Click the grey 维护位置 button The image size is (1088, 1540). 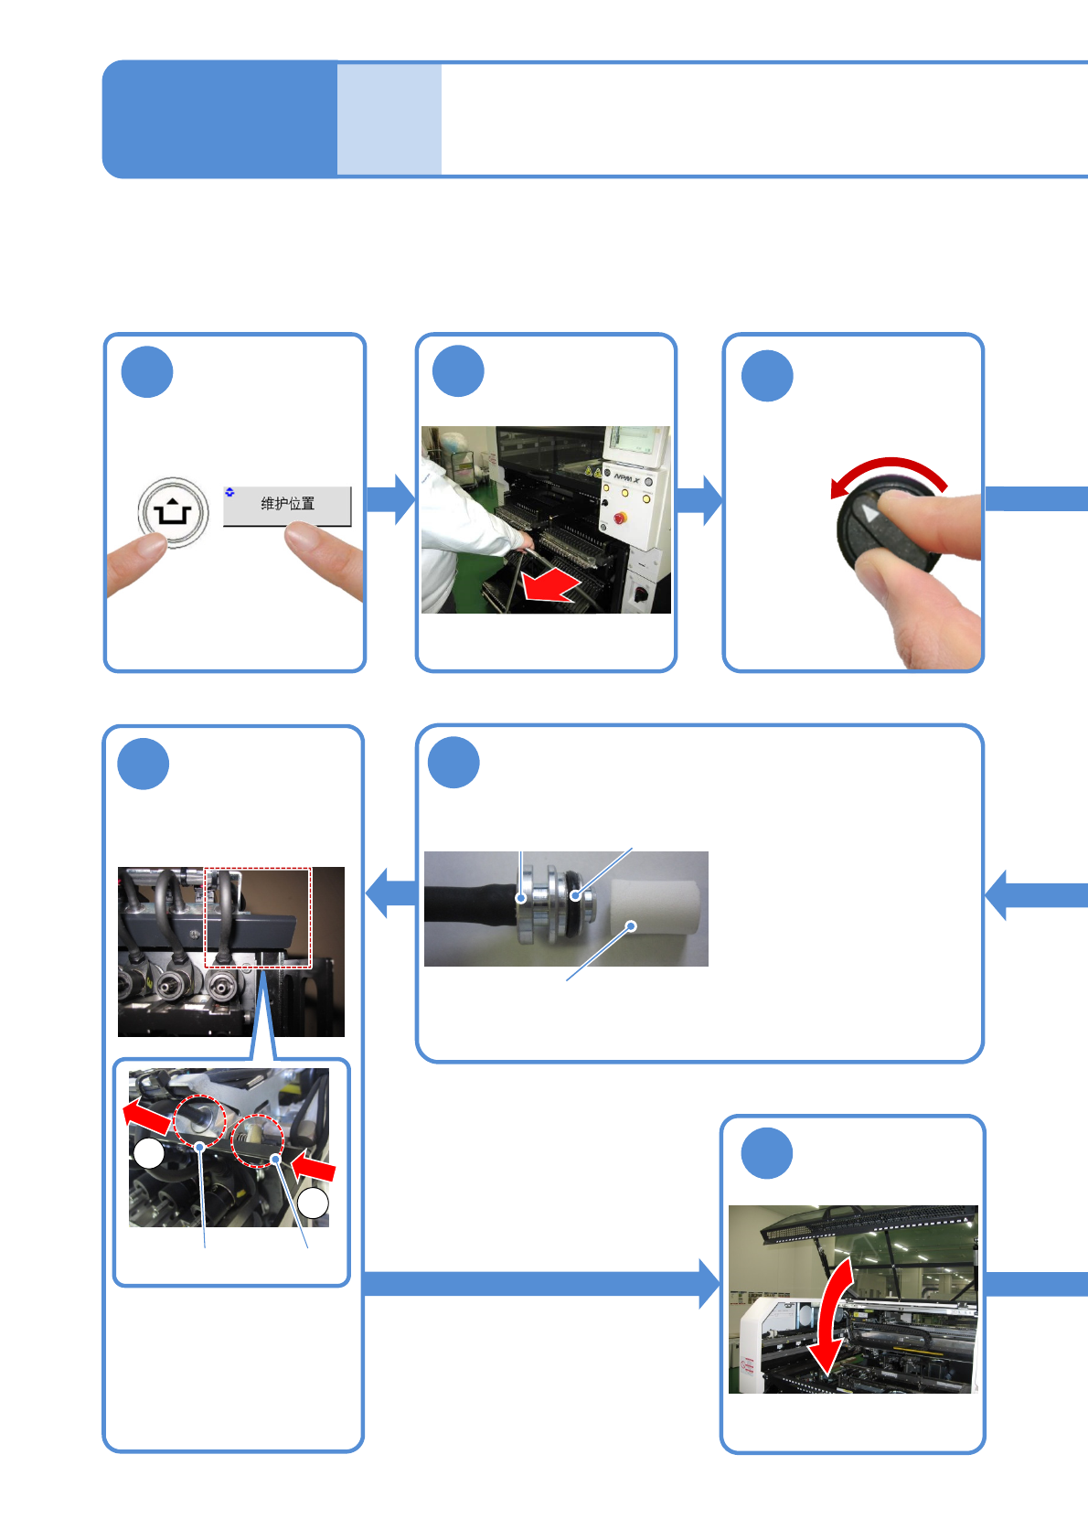coord(287,505)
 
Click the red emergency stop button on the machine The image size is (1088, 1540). coord(621,519)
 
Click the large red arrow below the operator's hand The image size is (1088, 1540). coord(551,586)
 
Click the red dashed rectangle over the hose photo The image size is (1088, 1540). coord(258,916)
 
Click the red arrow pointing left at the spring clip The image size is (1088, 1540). coord(314,1168)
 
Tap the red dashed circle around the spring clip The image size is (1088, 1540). coord(258,1140)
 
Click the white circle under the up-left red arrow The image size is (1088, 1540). coord(149,1153)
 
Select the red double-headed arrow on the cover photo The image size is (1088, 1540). coord(834,1316)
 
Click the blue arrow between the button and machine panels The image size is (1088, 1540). coord(391,499)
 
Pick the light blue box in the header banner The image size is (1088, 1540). coord(389,119)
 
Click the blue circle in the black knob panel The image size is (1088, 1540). coord(766,376)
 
